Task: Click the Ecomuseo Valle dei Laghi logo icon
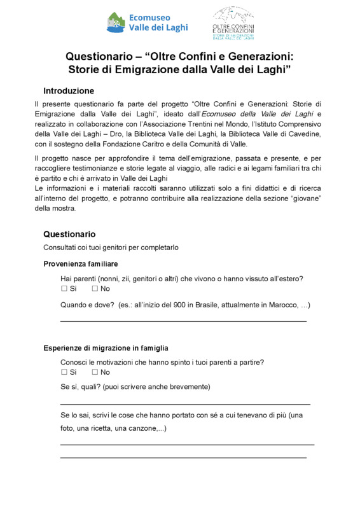[x=115, y=22]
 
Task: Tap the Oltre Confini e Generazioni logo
[x=233, y=23]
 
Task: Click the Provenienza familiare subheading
[x=80, y=263]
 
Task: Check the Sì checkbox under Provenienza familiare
[x=64, y=289]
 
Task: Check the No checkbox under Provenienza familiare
[x=95, y=289]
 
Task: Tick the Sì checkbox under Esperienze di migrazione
[x=64, y=372]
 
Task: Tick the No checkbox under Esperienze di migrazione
[x=95, y=372]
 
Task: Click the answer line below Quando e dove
[x=183, y=321]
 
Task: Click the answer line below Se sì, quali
[x=185, y=404]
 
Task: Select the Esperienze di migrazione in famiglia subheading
[x=106, y=348]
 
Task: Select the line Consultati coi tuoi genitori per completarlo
[x=111, y=248]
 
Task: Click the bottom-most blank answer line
[x=183, y=457]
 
